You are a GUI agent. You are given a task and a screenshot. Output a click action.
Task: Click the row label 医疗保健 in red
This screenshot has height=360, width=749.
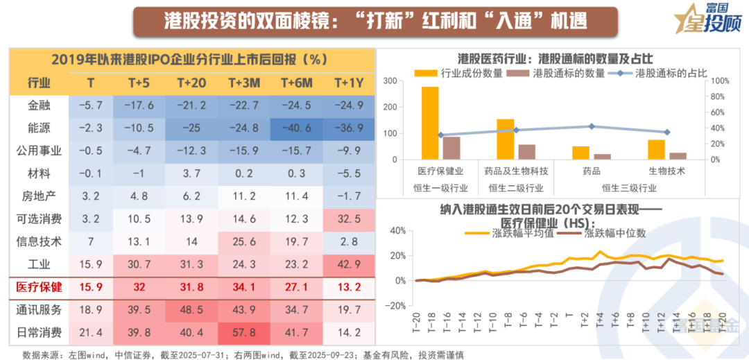(x=39, y=287)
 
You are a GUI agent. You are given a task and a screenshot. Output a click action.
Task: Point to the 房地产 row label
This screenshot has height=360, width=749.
(x=39, y=196)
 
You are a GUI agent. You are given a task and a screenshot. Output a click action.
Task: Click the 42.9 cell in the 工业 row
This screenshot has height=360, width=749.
(x=348, y=264)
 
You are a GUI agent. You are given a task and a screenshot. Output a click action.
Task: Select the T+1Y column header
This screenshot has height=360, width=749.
(x=348, y=83)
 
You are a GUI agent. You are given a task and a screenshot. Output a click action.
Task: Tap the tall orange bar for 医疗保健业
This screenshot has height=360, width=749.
(x=430, y=123)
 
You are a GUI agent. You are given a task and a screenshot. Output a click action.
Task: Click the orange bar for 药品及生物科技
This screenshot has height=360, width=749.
(x=506, y=139)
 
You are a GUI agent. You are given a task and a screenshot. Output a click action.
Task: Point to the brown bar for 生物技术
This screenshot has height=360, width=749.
(x=678, y=156)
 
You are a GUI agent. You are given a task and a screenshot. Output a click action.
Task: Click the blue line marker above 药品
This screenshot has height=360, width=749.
(x=591, y=126)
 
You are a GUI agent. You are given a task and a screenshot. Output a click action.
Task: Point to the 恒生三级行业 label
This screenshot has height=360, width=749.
(x=628, y=188)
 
